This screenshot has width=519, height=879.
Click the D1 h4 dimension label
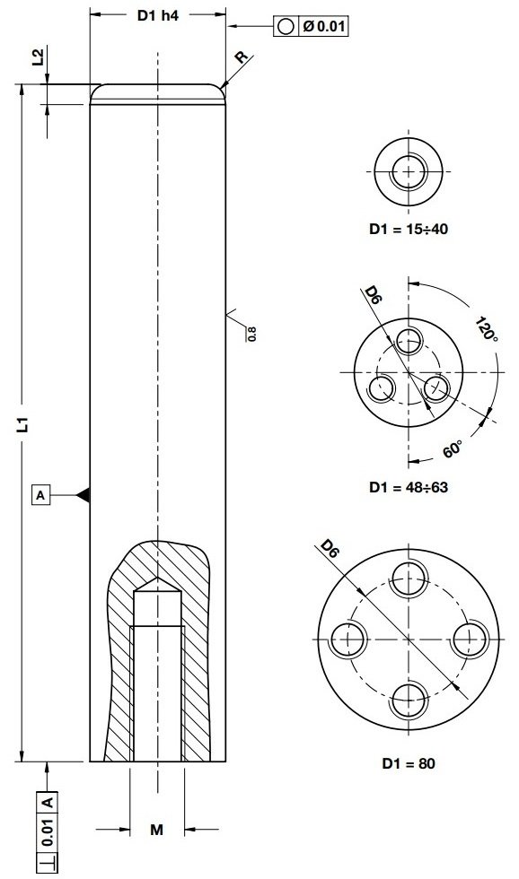157,15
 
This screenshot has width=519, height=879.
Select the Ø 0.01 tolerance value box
323,26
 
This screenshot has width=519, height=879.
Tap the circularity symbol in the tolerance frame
286,26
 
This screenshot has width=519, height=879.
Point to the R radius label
240,57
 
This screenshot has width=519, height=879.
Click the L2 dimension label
37,58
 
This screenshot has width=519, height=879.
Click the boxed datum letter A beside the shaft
40,494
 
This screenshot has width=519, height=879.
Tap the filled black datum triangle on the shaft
83,494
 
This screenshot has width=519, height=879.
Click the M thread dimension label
156,831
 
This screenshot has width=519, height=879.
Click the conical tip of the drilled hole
157,584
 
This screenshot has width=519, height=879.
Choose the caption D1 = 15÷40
409,229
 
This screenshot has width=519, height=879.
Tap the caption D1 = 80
409,764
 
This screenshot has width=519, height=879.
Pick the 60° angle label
454,448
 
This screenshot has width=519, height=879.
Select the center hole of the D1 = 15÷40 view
409,170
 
